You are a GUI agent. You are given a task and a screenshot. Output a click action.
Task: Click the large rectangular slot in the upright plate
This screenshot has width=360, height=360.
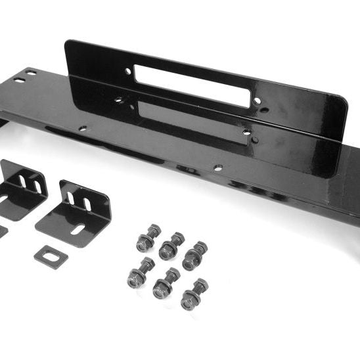click(192, 85)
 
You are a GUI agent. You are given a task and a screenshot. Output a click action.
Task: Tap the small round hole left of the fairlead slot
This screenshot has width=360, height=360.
click(128, 71)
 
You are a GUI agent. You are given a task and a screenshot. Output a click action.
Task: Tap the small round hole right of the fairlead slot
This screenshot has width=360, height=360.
click(257, 101)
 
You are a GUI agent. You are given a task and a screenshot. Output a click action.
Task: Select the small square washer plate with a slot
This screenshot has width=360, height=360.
click(51, 254)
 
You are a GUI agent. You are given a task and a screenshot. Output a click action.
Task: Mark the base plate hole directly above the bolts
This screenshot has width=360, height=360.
click(218, 168)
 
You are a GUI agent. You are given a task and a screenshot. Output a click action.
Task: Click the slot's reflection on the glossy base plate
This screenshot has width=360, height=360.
click(192, 117)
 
